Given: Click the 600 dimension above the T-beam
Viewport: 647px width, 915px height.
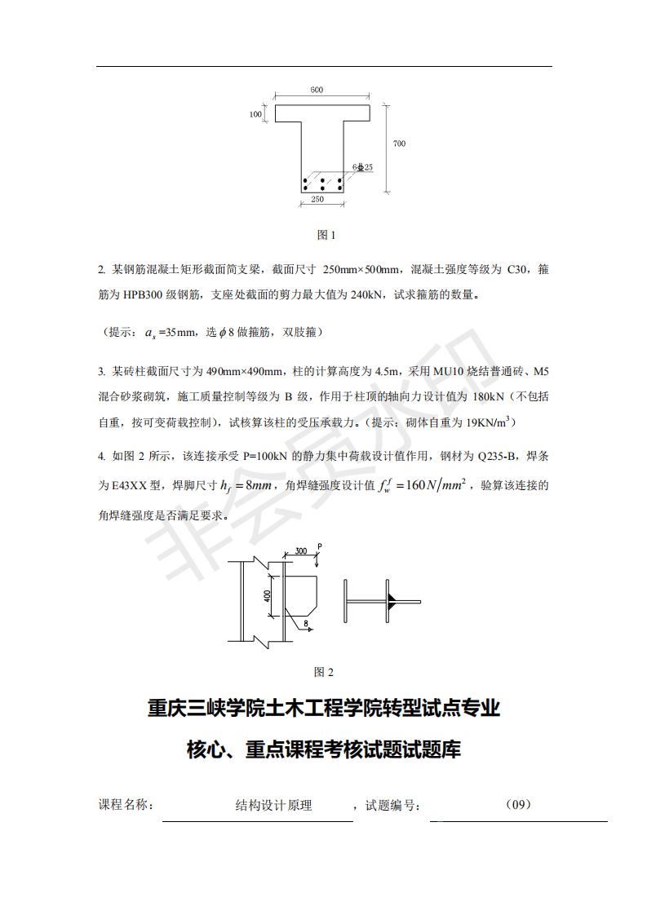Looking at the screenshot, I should click(x=316, y=90).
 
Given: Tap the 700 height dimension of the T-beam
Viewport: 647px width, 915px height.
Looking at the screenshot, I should click(x=399, y=144).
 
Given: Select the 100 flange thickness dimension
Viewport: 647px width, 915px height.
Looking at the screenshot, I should click(x=255, y=115).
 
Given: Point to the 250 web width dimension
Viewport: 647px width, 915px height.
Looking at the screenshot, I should click(x=317, y=199).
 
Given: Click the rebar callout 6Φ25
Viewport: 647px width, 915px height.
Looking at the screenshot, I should click(x=362, y=167).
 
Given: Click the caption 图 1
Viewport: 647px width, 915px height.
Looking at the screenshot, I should click(x=326, y=235).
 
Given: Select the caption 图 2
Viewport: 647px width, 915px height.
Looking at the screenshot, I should click(x=324, y=672).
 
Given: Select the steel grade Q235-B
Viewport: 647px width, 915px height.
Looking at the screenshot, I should click(x=485, y=458).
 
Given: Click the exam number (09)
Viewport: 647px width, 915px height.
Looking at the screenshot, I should click(x=518, y=805).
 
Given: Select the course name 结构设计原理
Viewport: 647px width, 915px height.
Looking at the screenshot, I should click(x=273, y=806).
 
